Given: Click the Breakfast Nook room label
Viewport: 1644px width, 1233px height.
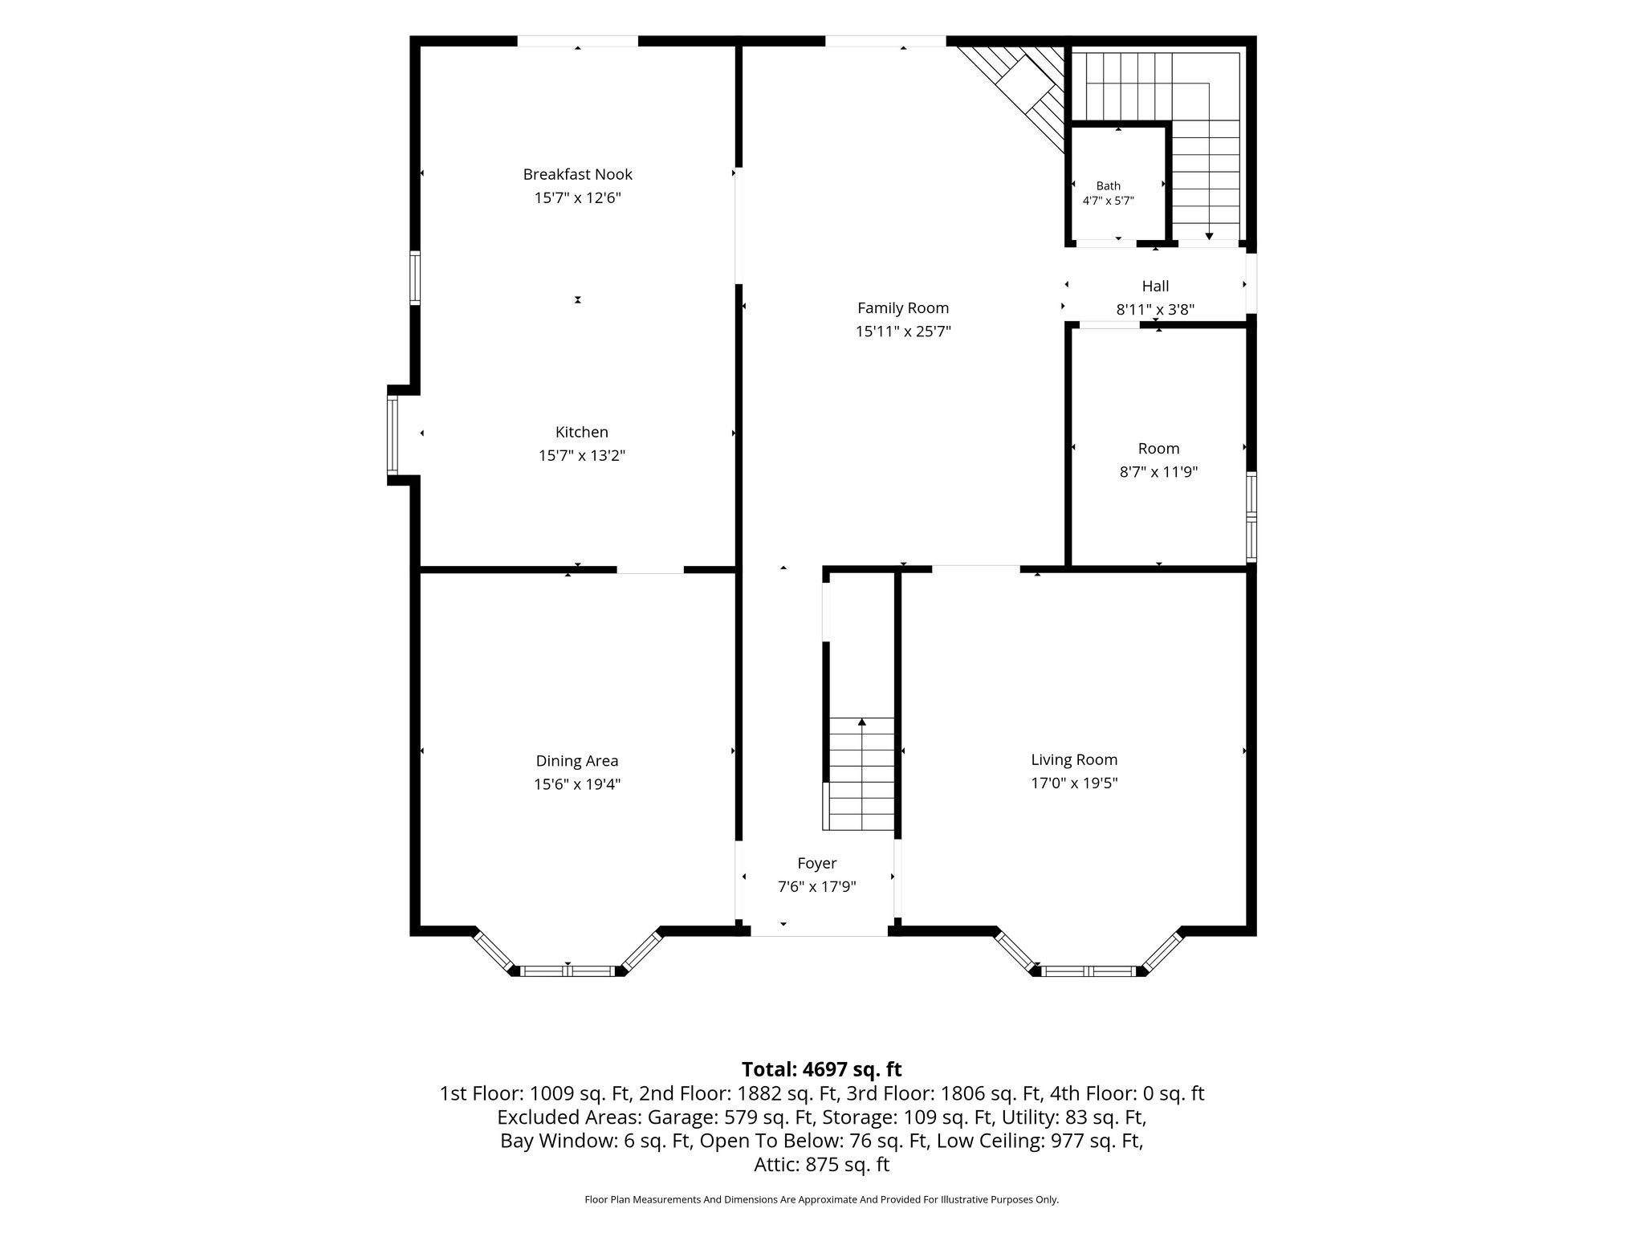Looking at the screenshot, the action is click(578, 174).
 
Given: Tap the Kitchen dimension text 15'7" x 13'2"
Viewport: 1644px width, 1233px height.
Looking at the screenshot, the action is click(582, 456).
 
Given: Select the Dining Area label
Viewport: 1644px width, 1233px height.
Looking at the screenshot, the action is click(577, 761).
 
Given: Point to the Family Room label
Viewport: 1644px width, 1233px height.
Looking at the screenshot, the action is click(903, 308).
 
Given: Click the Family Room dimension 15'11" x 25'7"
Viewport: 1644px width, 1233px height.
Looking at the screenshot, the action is click(903, 332).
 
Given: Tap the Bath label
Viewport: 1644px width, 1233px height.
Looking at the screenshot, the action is click(1109, 186).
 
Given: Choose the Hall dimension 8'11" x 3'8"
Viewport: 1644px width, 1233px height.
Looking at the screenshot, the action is click(1156, 310).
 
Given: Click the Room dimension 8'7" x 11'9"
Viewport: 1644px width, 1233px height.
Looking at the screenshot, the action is click(1159, 472).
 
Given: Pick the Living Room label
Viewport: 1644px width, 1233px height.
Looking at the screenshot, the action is click(1074, 759).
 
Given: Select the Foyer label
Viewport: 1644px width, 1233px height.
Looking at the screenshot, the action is click(817, 863).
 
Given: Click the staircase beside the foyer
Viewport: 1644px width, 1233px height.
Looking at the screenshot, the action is click(861, 774).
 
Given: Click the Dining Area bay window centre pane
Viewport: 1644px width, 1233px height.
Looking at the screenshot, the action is click(568, 971).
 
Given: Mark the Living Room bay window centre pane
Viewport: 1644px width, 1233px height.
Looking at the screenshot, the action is click(1089, 971).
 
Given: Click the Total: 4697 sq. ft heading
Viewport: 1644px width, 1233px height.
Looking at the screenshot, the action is click(822, 1069).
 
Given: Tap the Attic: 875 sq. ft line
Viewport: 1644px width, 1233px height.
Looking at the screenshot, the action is click(822, 1165).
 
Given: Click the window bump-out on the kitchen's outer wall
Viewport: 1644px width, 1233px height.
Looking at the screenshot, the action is click(393, 435).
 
